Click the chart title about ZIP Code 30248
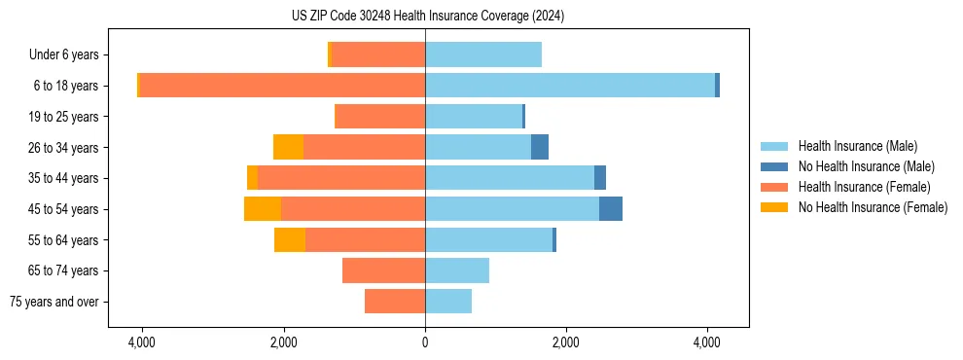click(x=427, y=17)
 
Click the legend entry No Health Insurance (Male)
click(x=859, y=166)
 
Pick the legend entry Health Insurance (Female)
click(x=857, y=187)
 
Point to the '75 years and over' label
click(x=53, y=302)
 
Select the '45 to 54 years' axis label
click(x=62, y=209)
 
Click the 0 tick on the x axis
click(x=425, y=342)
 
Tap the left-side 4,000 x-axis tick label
click(x=142, y=342)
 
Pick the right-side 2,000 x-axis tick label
click(x=565, y=342)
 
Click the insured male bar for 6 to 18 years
click(x=569, y=86)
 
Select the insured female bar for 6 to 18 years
click(x=282, y=86)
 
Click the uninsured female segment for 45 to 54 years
click(x=263, y=209)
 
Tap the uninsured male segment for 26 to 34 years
click(x=540, y=147)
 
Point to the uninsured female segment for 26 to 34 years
click(x=288, y=147)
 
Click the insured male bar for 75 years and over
click(x=448, y=302)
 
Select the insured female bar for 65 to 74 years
click(x=383, y=270)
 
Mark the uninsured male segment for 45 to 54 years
click(x=611, y=209)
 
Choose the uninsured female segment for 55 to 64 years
click(x=290, y=239)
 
